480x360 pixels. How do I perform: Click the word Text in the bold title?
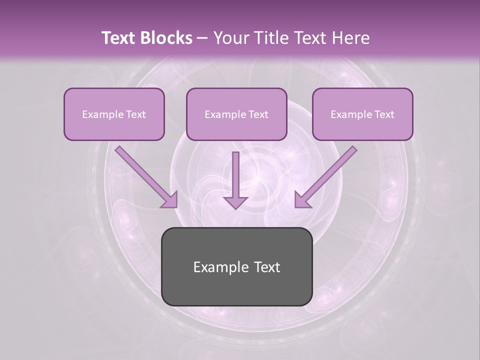118,38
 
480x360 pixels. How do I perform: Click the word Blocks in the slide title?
165,38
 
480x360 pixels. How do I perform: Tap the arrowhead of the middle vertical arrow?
235,201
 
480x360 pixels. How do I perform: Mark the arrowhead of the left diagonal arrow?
170,200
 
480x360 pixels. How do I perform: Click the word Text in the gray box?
267,267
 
